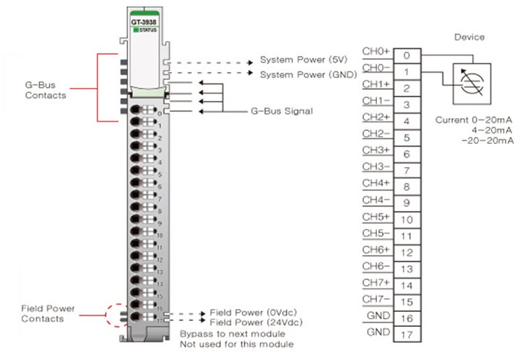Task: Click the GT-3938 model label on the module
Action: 145,22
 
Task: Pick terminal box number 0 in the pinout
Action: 406,55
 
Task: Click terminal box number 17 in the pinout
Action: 406,336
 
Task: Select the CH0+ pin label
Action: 376,51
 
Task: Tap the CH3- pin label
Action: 376,166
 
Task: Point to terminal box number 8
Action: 406,186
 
